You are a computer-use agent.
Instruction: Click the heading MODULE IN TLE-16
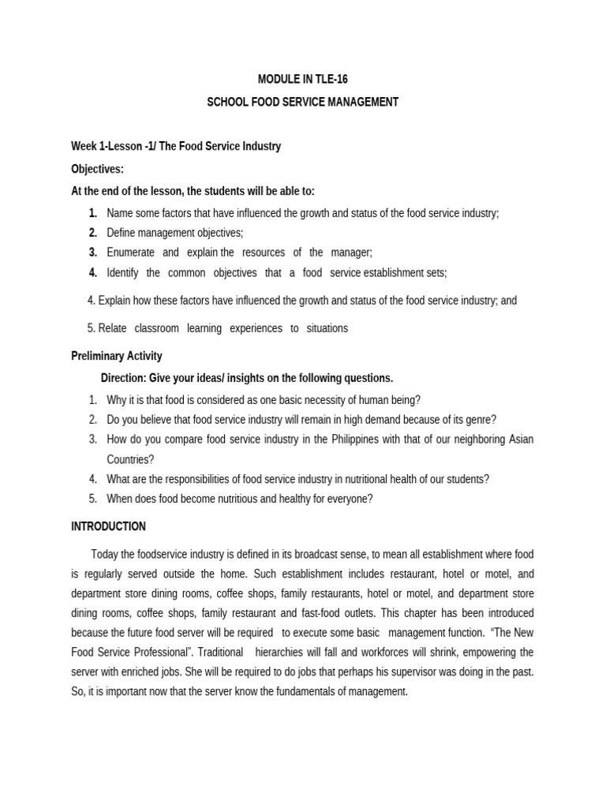coord(303,79)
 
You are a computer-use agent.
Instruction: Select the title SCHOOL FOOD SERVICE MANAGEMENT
coord(303,103)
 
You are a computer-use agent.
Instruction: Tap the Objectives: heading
coord(97,169)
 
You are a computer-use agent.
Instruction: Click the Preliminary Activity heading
coord(117,356)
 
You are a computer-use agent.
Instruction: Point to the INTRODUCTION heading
coord(108,526)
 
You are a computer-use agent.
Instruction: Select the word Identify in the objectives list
coord(122,273)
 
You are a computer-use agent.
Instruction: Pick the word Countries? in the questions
coord(131,459)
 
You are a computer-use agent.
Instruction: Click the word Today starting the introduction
coord(105,555)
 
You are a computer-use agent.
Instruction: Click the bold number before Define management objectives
coord(92,233)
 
